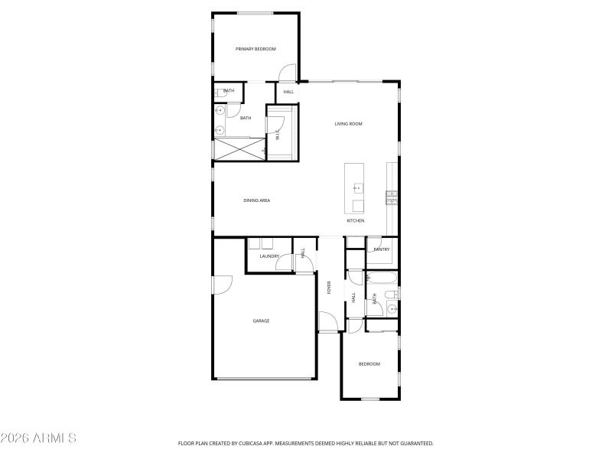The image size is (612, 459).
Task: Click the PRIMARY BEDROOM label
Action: click(x=256, y=49)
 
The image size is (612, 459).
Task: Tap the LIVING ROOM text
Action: click(x=348, y=123)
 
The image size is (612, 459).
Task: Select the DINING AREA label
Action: click(x=257, y=200)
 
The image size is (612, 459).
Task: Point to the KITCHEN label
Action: click(x=355, y=220)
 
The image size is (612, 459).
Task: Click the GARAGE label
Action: click(x=262, y=321)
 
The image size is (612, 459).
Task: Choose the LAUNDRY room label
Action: click(x=269, y=256)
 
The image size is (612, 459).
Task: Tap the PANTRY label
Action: click(x=382, y=249)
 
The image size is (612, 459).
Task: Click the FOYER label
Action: click(x=329, y=288)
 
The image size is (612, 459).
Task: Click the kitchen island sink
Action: click(x=356, y=187)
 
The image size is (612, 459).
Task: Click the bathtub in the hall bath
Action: click(x=380, y=277)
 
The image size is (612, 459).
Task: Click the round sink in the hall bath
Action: click(x=392, y=310)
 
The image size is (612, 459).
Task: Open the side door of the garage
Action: click(x=221, y=285)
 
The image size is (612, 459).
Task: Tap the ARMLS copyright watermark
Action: click(x=38, y=438)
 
